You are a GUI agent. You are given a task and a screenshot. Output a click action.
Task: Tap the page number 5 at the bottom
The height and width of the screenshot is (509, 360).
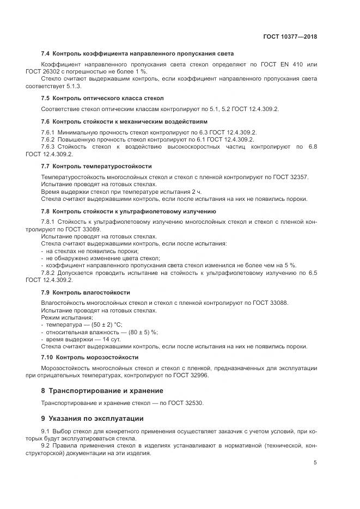(x=315, y=463)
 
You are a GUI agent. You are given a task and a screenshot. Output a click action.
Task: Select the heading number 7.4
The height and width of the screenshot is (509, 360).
(x=46, y=54)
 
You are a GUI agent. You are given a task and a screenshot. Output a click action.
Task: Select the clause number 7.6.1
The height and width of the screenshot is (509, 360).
(x=48, y=133)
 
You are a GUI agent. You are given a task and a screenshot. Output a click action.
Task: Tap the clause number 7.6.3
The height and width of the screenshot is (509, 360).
(x=48, y=147)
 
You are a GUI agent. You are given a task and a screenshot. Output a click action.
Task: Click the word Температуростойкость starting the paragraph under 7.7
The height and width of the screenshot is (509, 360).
(x=71, y=177)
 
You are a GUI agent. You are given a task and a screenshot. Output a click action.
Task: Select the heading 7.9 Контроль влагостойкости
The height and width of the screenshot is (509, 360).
(x=86, y=292)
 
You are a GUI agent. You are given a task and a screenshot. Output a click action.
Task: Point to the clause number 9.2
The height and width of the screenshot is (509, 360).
(x=46, y=446)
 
